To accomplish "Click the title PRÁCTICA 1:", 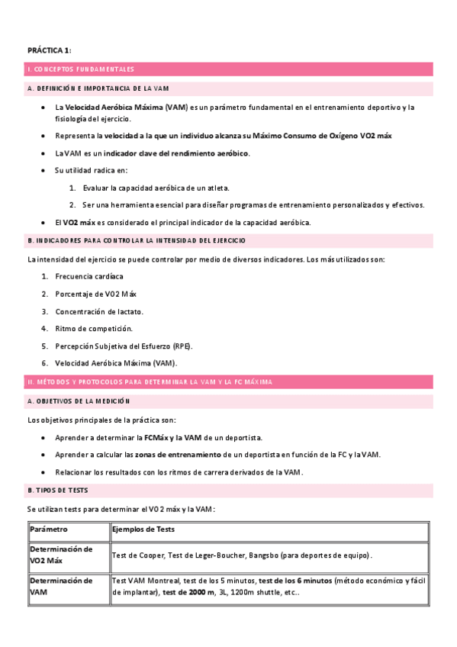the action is (x=50, y=50).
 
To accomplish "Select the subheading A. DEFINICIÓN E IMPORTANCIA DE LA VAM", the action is (x=98, y=89).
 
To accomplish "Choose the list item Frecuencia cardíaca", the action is (x=89, y=276).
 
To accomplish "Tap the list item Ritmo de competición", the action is (x=94, y=328).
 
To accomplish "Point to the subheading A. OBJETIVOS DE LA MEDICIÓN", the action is (x=79, y=401).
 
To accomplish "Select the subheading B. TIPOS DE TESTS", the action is (x=60, y=489).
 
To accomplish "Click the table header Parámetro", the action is (x=49, y=530).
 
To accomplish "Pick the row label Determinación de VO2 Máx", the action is (x=61, y=555).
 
